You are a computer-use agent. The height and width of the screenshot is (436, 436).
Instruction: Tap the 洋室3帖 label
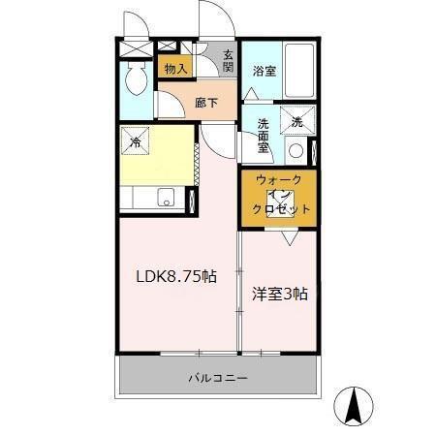(x=279, y=294)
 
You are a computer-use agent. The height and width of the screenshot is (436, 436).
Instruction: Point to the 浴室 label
(x=264, y=70)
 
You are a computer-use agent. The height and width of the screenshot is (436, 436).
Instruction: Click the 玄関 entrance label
(x=228, y=62)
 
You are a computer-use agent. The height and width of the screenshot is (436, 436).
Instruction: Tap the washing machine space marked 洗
(x=297, y=122)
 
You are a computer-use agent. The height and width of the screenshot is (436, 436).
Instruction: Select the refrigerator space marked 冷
(x=135, y=141)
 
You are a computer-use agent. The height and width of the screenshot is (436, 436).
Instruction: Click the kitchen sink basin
(x=167, y=200)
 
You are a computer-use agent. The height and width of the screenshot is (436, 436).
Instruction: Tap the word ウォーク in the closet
(x=279, y=180)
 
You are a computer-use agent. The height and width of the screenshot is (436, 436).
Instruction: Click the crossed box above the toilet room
(x=135, y=47)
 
